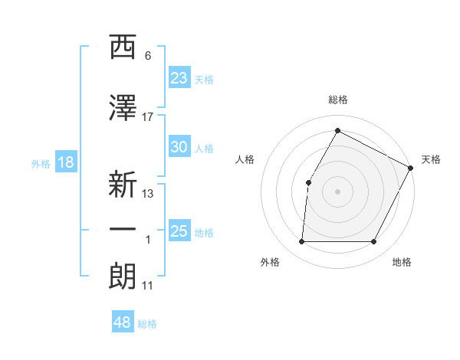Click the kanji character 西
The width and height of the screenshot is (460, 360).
(x=123, y=47)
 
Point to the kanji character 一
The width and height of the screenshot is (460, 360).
(x=123, y=230)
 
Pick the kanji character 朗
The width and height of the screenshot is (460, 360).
(x=123, y=277)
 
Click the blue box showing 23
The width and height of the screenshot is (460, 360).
(x=179, y=78)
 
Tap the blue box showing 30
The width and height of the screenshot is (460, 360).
(x=179, y=148)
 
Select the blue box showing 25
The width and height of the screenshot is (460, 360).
(x=179, y=231)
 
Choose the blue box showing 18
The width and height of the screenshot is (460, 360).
(x=65, y=162)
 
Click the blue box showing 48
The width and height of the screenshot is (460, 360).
(x=123, y=322)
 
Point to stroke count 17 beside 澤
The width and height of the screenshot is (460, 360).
(x=148, y=116)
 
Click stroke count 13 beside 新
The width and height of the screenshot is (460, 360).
(x=148, y=194)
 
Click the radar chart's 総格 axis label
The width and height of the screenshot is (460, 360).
(x=337, y=100)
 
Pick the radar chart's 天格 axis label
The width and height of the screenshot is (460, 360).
(x=431, y=159)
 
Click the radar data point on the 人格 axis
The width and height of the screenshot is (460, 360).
(x=308, y=182)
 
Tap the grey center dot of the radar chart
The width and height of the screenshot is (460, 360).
(x=337, y=191)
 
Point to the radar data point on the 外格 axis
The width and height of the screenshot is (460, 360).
(x=301, y=241)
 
